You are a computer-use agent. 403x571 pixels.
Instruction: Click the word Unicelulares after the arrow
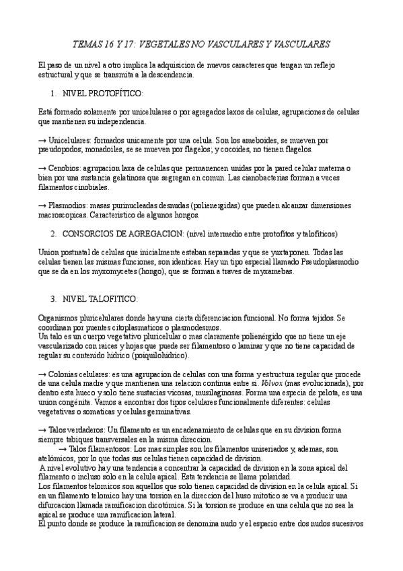(x=72, y=140)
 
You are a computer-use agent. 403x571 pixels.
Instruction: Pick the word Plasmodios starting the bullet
(x=71, y=203)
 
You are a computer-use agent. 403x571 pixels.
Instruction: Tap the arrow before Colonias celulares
(x=42, y=372)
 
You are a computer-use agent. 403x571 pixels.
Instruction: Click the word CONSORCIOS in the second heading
(x=91, y=234)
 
